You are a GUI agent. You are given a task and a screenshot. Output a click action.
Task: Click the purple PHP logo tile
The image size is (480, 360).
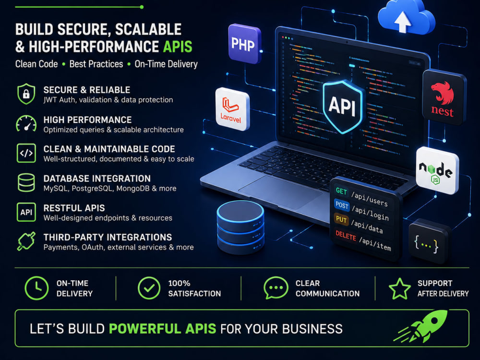click(244, 44)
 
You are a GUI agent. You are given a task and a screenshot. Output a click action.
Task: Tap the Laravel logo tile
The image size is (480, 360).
click(233, 109)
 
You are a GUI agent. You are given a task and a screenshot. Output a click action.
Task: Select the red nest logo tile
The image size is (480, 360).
click(444, 97)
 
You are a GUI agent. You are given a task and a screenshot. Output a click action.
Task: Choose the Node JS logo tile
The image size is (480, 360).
click(437, 170)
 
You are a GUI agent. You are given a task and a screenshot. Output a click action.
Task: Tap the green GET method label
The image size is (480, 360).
click(341, 192)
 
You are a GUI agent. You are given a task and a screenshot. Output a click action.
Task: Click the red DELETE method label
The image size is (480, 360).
click(346, 236)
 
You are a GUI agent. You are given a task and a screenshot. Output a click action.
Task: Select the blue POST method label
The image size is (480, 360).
click(342, 205)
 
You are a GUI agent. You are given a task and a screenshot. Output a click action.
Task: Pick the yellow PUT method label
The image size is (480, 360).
click(341, 219)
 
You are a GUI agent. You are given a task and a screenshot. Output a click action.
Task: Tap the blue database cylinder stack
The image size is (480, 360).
click(240, 227)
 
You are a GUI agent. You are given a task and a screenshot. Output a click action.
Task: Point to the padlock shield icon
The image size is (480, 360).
click(26, 94)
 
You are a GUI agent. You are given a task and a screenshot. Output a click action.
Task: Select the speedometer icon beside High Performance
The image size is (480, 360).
click(26, 123)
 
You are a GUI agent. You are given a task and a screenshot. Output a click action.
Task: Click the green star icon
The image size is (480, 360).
click(399, 288)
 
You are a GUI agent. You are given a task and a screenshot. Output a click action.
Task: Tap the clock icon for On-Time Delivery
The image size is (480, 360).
click(36, 288)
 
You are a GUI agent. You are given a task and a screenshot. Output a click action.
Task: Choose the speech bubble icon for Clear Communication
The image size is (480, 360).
click(276, 288)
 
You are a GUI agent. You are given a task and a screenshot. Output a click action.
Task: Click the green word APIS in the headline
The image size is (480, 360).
click(178, 47)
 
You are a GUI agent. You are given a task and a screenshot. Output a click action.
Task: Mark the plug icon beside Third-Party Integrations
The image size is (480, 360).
click(26, 241)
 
